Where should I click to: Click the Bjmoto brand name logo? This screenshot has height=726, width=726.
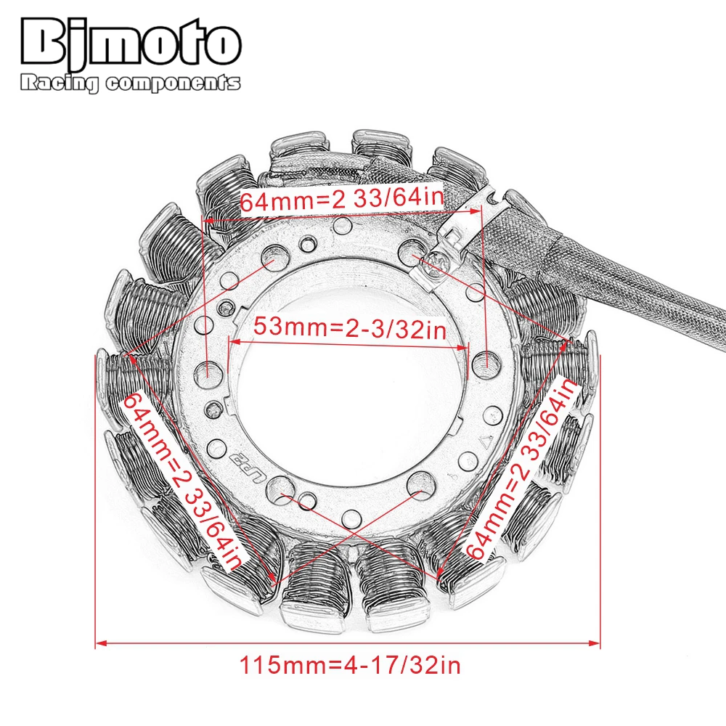point(131,43)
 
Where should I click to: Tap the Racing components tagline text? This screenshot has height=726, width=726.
point(131,83)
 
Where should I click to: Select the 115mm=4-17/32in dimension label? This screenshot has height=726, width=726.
point(350,665)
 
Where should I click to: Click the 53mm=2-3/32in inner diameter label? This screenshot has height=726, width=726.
point(350,328)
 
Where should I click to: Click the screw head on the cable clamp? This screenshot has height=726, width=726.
point(436,265)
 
